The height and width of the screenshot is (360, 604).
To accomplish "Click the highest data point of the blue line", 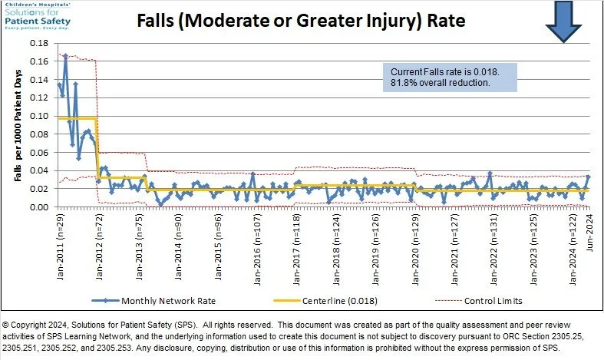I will pos(65,56).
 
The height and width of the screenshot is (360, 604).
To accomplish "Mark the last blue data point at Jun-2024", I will pos(588,177).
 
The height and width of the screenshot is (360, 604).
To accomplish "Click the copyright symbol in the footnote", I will pos(7,326).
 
